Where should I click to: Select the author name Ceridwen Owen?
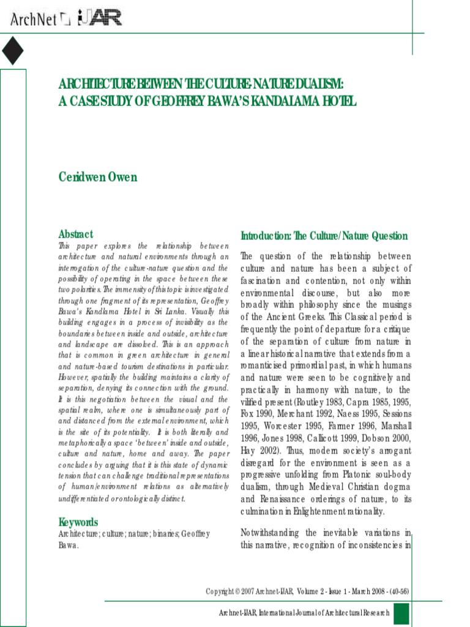[97, 178]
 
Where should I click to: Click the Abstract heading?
[76, 234]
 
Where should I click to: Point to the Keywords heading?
[78, 522]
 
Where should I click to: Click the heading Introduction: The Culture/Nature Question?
[324, 236]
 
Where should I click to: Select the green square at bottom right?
[401, 613]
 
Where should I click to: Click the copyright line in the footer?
[307, 591]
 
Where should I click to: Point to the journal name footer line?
[304, 613]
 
